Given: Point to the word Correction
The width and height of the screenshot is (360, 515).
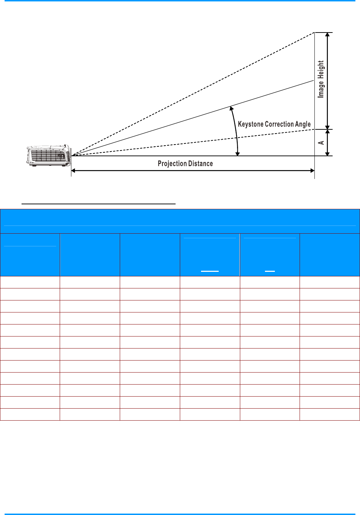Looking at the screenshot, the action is coord(279,124).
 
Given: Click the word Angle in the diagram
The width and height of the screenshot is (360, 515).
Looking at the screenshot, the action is coord(302,124).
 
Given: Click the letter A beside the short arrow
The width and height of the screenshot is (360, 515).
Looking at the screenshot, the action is coord(321,143).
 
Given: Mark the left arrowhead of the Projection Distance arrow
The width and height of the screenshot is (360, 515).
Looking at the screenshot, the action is coord(73,171).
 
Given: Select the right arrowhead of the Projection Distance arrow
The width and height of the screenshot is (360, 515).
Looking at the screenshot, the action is coord(312,171).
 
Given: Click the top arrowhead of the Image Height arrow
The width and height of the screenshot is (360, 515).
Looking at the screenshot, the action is coord(327,34).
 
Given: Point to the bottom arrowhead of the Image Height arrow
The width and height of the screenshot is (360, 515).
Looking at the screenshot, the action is coord(327,127).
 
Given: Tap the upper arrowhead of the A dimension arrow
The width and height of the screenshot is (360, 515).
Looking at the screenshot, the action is coord(327,132).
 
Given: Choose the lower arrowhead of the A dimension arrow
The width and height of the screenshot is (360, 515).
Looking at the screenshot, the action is coord(327,153).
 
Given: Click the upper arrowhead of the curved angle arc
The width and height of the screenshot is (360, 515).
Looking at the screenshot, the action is coord(231,108).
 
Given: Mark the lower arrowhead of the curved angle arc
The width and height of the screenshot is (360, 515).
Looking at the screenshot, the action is coord(238,153).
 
